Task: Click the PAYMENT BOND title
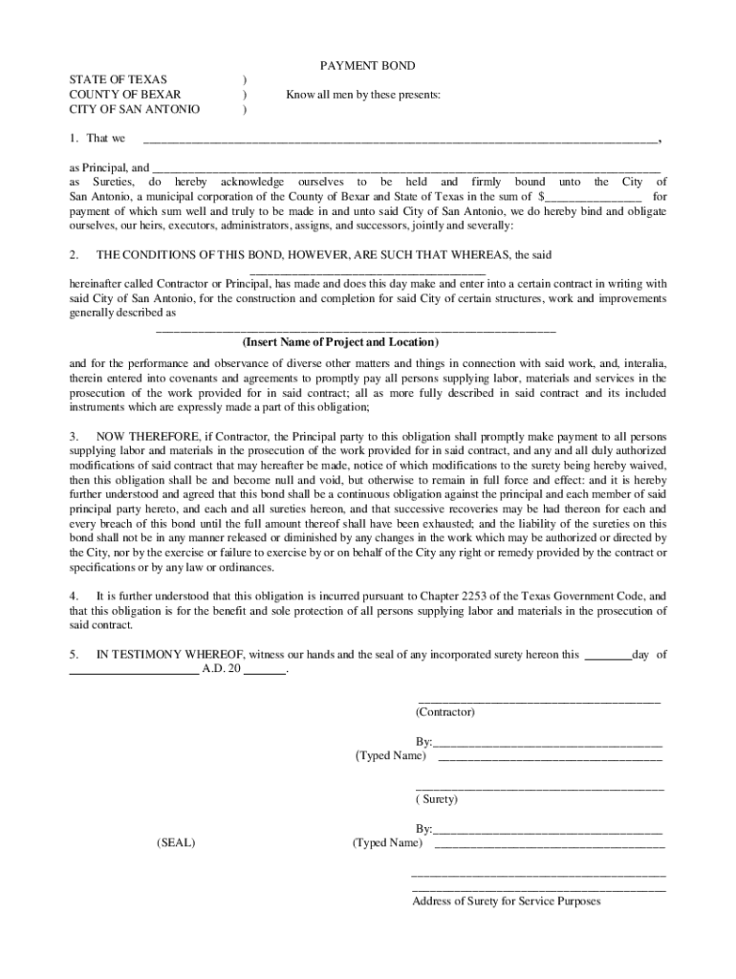click(x=367, y=66)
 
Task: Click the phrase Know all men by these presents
click(x=363, y=95)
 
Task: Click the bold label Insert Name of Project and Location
click(x=340, y=341)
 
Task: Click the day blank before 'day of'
click(x=607, y=656)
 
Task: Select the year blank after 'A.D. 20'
click(x=265, y=670)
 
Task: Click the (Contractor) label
click(x=444, y=712)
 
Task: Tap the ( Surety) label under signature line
click(x=437, y=799)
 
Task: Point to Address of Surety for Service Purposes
click(x=506, y=901)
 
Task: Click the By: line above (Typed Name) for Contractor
click(x=548, y=742)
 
